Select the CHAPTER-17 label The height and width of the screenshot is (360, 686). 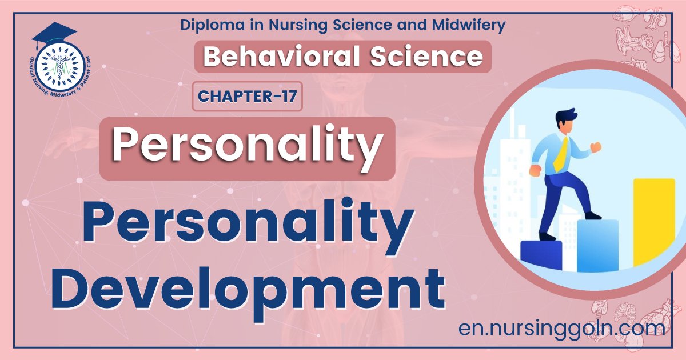tap(247, 96)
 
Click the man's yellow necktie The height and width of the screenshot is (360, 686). tap(562, 154)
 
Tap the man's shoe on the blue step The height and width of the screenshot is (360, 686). tap(592, 215)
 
